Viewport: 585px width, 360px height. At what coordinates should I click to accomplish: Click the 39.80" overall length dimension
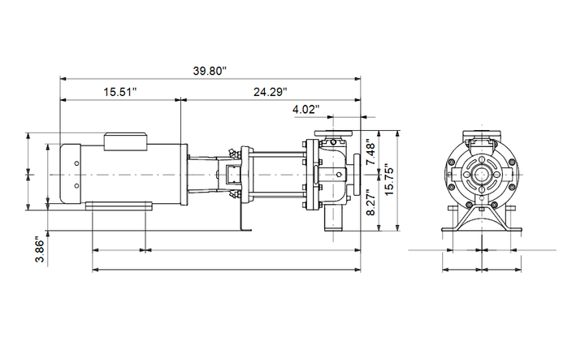tap(210, 71)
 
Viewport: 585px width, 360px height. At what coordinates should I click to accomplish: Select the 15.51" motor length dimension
tap(120, 91)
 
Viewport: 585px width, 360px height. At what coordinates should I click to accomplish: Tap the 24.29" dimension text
tap(271, 91)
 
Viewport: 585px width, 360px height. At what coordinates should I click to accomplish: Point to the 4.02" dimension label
tap(306, 110)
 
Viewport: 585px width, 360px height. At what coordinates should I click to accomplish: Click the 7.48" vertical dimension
tap(370, 152)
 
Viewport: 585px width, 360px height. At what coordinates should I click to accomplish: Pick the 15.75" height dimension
tap(388, 180)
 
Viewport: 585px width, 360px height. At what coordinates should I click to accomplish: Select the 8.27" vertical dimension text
tap(370, 202)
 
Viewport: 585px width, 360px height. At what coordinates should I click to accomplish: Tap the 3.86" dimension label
tap(40, 249)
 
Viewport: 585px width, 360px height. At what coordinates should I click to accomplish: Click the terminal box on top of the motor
tap(125, 141)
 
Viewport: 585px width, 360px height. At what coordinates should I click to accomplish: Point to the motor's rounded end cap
tap(71, 174)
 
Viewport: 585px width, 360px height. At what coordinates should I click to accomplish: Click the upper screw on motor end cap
tap(76, 163)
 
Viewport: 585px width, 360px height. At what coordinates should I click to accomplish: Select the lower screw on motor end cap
tap(76, 185)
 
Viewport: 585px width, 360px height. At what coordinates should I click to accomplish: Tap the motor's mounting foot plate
tap(119, 206)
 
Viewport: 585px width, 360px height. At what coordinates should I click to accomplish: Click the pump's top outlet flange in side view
tap(334, 133)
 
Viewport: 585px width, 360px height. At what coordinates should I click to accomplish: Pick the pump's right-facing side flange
tap(357, 174)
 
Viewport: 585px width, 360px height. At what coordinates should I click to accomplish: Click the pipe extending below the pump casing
tap(334, 219)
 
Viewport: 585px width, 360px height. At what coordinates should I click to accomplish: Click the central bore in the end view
tap(482, 175)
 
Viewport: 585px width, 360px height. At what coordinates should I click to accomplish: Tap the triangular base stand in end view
tap(482, 219)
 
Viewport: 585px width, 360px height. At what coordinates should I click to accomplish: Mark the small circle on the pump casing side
tap(339, 174)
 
